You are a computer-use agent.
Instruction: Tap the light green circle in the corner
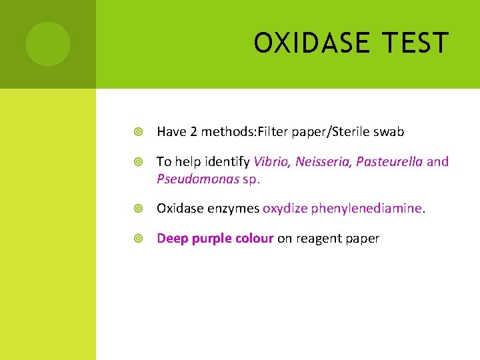click(48, 44)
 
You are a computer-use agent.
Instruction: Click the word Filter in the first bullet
click(269, 132)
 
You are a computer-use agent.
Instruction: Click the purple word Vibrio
click(271, 161)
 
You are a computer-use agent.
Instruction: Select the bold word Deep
click(173, 239)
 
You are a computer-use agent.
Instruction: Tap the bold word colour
click(254, 239)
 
